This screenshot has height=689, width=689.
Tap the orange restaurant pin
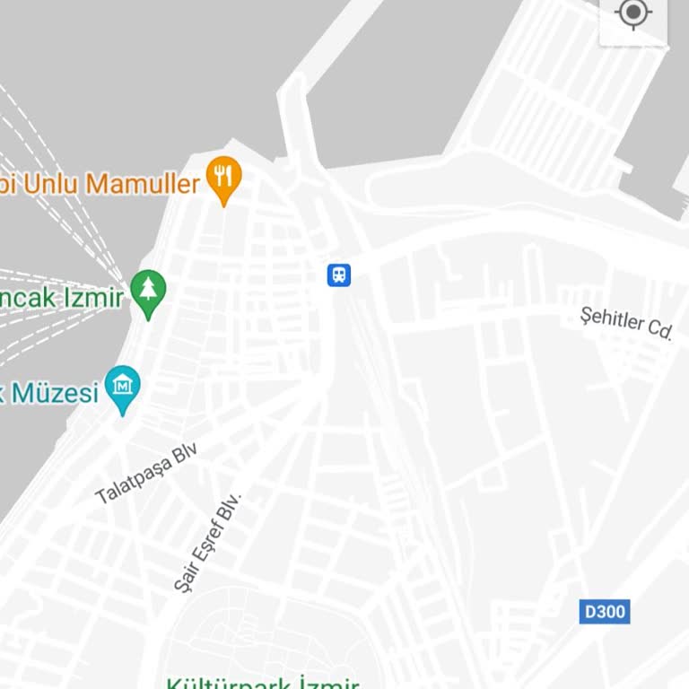[x=223, y=178]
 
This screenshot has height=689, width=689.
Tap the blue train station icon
[x=339, y=275]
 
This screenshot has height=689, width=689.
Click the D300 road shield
[x=605, y=612]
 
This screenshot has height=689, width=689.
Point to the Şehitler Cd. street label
[x=626, y=323]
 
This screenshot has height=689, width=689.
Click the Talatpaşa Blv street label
[x=146, y=473]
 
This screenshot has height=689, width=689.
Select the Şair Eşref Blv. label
[x=208, y=541]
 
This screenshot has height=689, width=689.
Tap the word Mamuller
[x=143, y=184]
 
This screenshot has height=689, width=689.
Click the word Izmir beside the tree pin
[x=92, y=297]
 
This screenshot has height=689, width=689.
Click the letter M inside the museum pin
[x=123, y=384]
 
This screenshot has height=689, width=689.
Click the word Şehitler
[x=613, y=319]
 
